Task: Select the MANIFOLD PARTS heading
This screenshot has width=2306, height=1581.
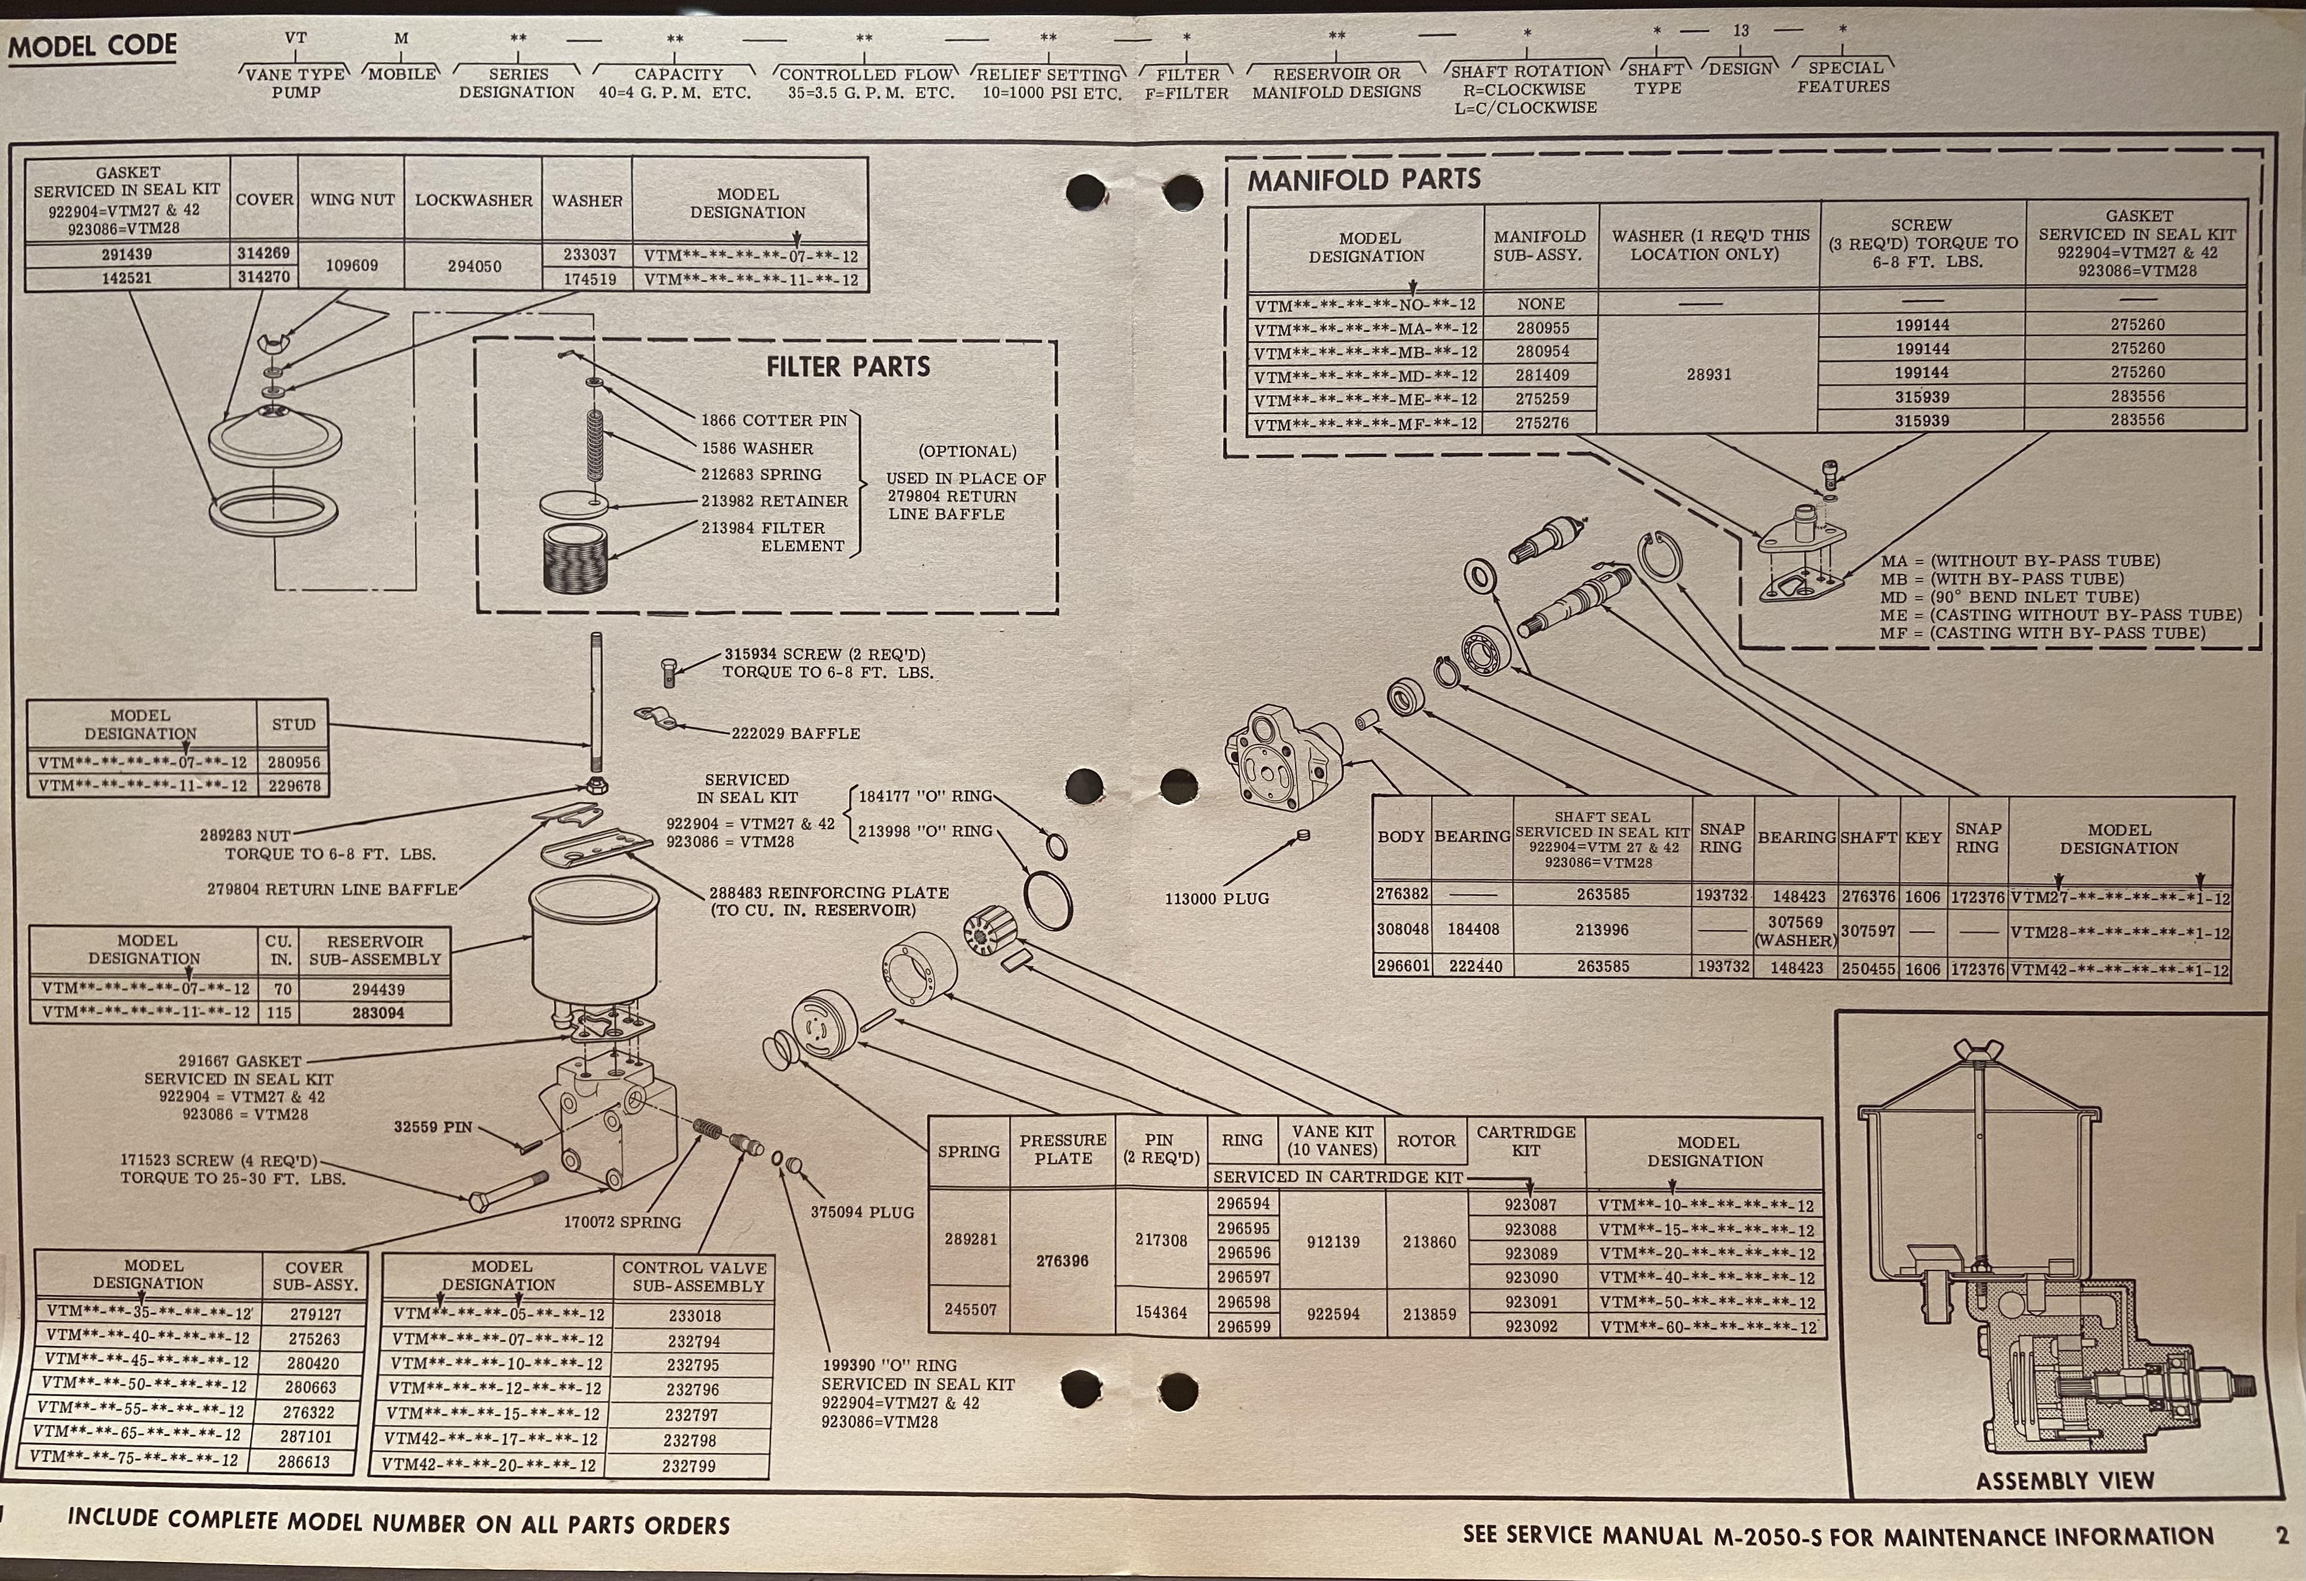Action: click(1364, 180)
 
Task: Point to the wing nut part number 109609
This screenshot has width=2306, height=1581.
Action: click(351, 266)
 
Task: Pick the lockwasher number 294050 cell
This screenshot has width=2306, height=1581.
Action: click(474, 266)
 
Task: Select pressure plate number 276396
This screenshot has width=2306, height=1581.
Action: click(1062, 1261)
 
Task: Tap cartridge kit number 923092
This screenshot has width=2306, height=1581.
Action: click(1531, 1326)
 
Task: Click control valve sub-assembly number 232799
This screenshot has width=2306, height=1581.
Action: click(688, 1466)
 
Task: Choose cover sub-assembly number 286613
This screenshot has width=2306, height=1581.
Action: click(304, 1461)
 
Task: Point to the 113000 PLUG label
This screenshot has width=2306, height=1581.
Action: click(1217, 898)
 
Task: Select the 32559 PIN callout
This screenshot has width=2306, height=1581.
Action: click(433, 1128)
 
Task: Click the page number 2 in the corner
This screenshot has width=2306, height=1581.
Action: click(2282, 1536)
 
